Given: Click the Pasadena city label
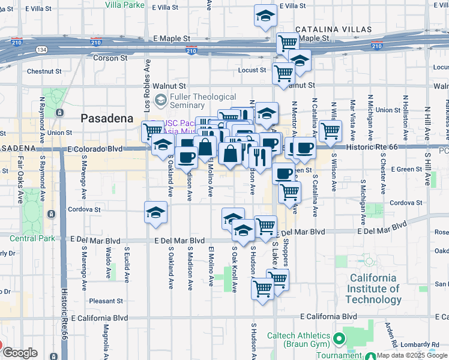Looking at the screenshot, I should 107,118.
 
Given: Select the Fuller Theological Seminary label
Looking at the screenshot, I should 203,101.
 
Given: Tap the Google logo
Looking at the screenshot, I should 20,352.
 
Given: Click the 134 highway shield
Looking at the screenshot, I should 41,49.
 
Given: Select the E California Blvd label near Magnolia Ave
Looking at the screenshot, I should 100,317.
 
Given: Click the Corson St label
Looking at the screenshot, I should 110,58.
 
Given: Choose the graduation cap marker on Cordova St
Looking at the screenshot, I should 155,212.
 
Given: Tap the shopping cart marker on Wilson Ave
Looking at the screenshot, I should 330,130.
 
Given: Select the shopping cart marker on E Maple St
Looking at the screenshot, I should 288,42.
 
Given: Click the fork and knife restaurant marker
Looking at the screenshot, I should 260,157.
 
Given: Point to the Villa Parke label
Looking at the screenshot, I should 125,5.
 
